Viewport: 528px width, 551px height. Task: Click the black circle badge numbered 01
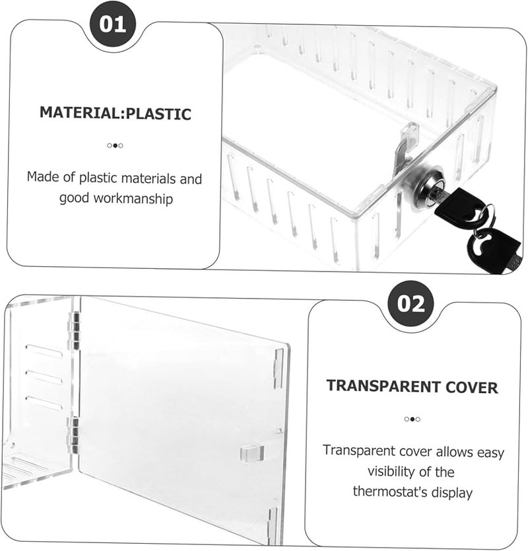pyautogui.click(x=112, y=25)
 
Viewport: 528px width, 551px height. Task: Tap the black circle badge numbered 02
pyautogui.click(x=410, y=304)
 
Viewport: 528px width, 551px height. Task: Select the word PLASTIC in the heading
pyautogui.click(x=158, y=114)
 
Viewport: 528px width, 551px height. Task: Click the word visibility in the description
pyautogui.click(x=402, y=472)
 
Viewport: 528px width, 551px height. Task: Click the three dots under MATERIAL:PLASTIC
pyautogui.click(x=115, y=145)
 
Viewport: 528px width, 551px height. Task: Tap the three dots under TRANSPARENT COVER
pyautogui.click(x=412, y=419)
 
